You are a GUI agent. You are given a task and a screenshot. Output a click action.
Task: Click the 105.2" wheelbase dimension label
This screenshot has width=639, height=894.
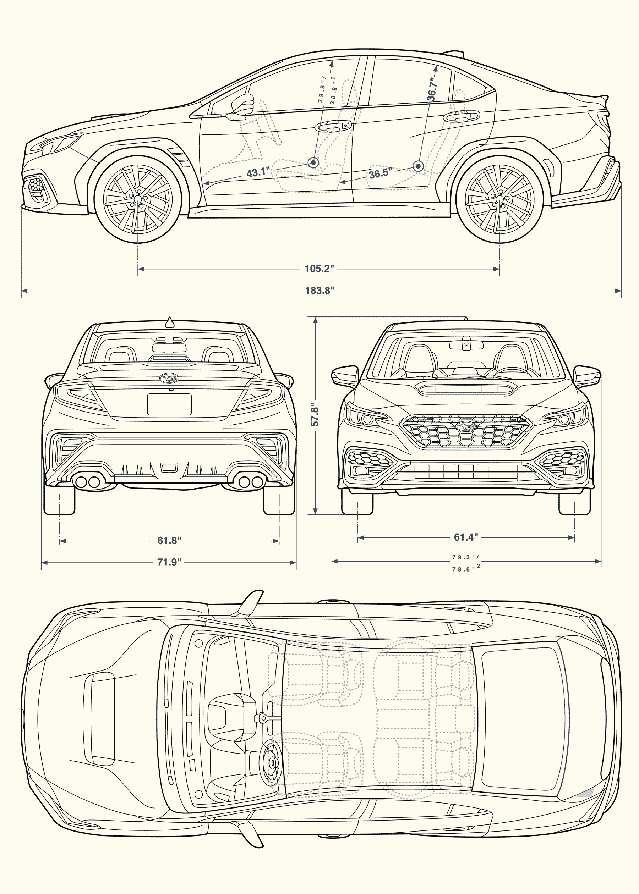[319, 269]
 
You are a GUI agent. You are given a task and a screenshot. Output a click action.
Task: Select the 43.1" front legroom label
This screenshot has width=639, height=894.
[258, 172]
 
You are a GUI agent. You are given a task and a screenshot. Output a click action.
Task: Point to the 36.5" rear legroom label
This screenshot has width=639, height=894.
[381, 173]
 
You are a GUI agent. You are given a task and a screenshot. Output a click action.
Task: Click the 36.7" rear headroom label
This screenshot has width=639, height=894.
[432, 90]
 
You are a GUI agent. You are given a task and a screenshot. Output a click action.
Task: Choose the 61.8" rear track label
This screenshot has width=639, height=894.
[169, 541]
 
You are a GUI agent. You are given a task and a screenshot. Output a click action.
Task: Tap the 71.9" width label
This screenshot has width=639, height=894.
[169, 562]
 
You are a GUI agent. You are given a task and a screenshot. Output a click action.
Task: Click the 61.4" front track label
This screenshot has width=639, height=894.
[466, 537]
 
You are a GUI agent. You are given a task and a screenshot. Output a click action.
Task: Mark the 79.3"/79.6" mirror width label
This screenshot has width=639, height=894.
[466, 563]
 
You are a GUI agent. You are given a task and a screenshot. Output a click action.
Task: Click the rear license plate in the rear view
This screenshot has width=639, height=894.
[169, 404]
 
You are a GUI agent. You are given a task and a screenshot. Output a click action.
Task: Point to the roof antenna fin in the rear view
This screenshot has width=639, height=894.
[170, 322]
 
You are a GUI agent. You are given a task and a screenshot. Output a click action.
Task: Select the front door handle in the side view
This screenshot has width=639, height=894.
[333, 126]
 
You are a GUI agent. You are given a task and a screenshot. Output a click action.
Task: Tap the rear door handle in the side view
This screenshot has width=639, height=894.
[461, 116]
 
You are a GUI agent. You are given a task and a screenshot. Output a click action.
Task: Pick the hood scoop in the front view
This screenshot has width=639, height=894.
[466, 388]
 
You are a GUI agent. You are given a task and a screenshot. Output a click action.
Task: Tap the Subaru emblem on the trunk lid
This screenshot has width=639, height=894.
[169, 378]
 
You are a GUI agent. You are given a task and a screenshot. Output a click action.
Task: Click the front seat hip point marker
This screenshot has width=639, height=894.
[313, 162]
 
